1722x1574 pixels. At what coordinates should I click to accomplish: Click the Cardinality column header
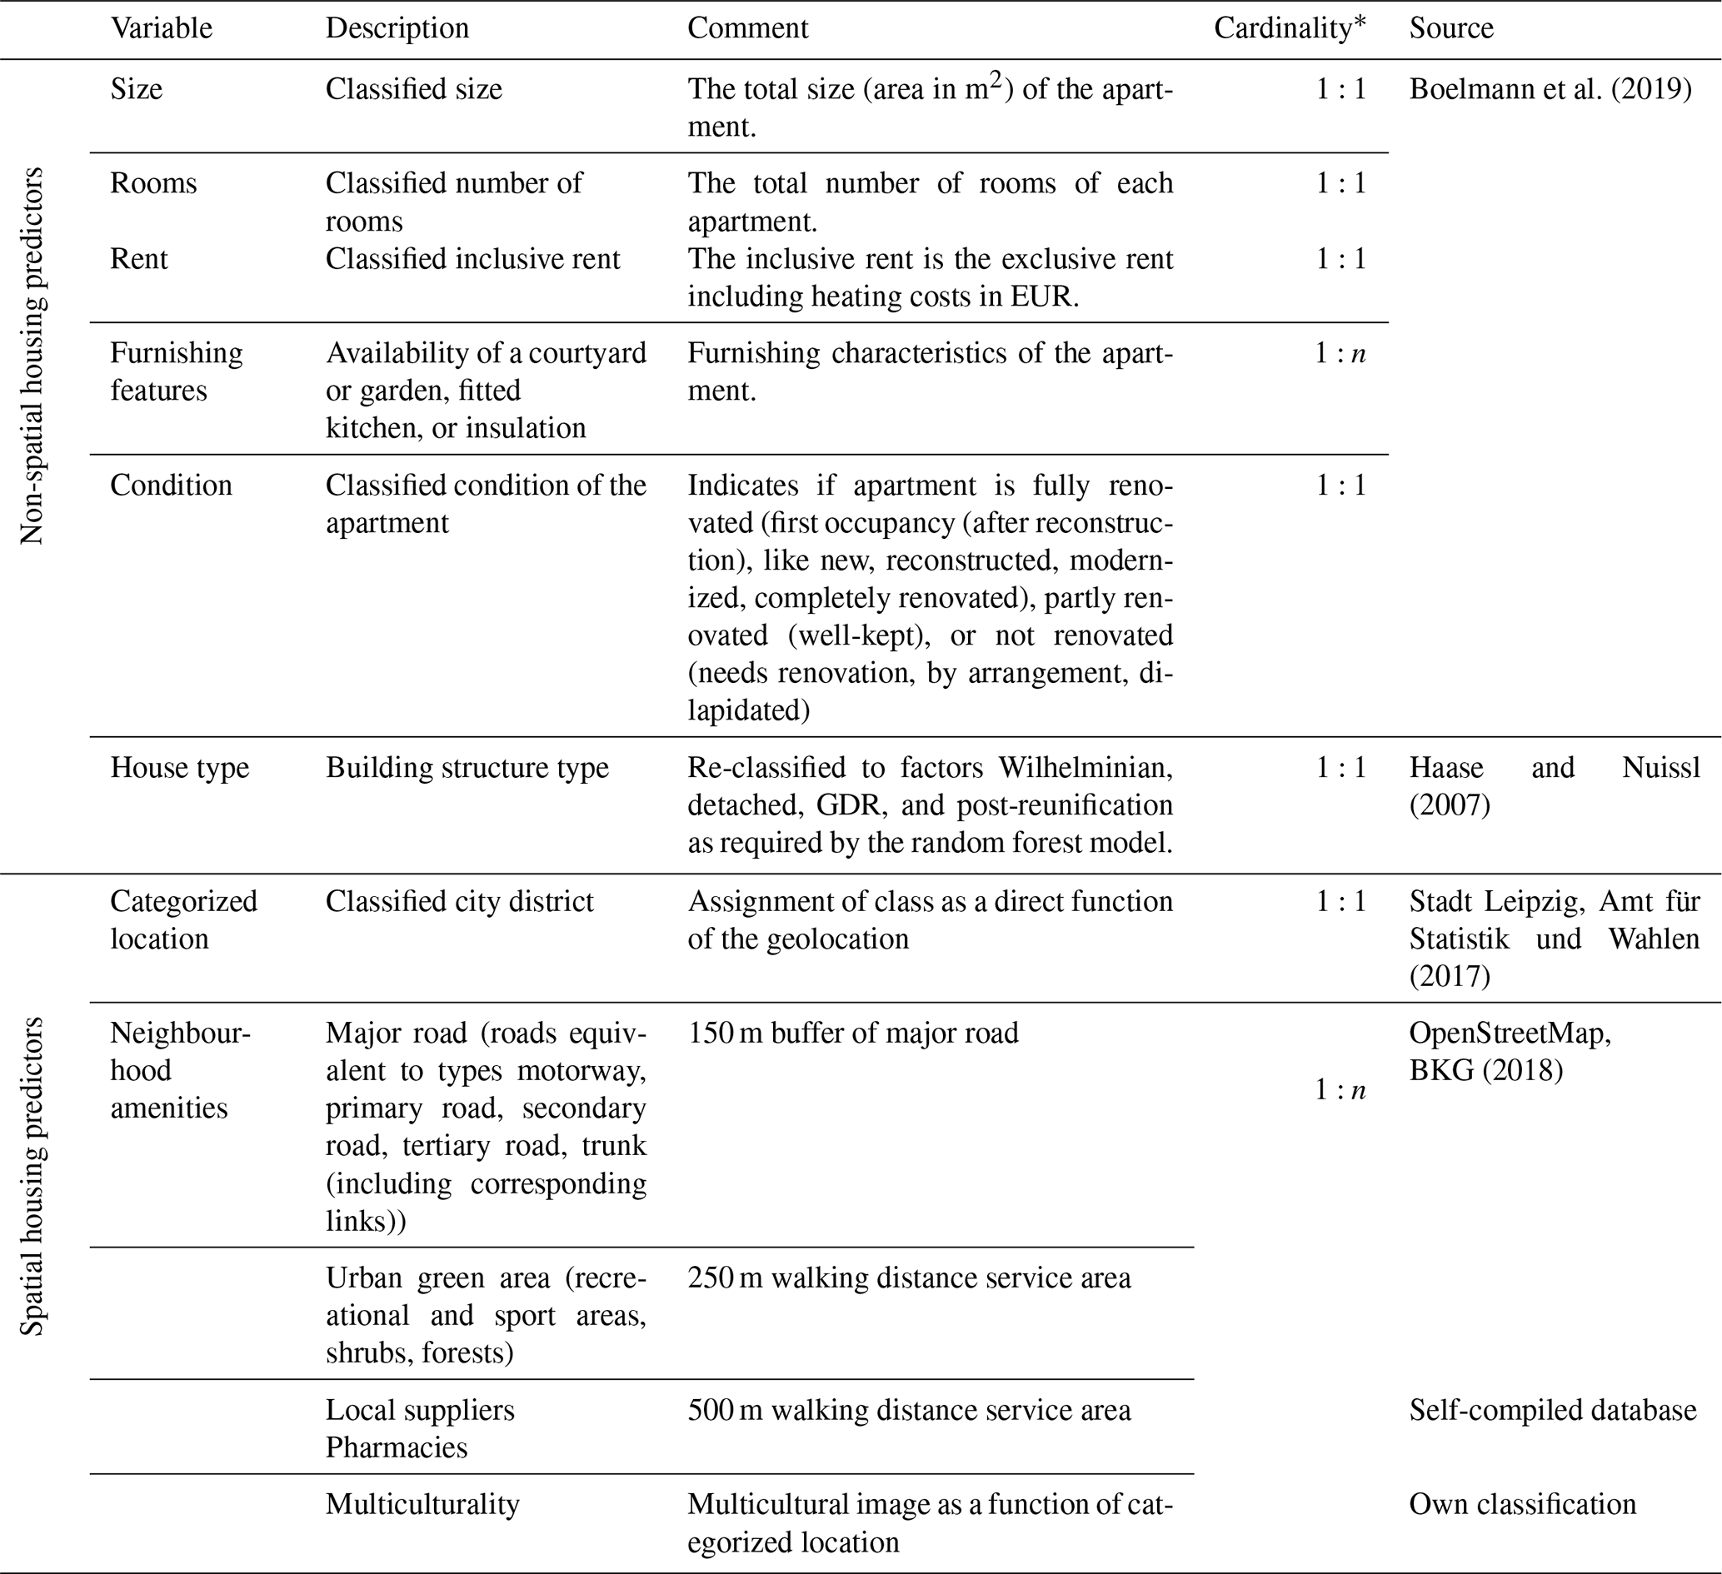tap(1289, 28)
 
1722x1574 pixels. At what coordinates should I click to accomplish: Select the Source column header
tap(1450, 28)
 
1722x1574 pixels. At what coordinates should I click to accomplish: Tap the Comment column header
tap(747, 28)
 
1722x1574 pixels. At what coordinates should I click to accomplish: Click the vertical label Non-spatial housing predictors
tap(32, 356)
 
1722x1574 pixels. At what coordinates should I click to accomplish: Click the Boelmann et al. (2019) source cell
tap(1550, 89)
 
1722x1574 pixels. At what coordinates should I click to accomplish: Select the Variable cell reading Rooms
tap(154, 182)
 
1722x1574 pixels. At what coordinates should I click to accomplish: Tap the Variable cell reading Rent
tap(139, 258)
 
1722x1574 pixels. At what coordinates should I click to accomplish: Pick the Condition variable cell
tap(171, 484)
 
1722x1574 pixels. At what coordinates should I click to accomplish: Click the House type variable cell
tap(179, 767)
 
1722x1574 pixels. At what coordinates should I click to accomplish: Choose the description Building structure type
tap(467, 767)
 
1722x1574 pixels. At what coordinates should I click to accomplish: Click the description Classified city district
tap(459, 901)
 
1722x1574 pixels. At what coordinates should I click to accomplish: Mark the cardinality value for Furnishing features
tap(1340, 353)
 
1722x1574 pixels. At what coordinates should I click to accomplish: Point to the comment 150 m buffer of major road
tap(852, 1033)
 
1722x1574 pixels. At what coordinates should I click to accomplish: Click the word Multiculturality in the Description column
tap(422, 1503)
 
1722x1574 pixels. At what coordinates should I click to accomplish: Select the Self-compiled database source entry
tap(1552, 1409)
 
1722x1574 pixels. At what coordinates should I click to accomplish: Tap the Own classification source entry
tap(1522, 1503)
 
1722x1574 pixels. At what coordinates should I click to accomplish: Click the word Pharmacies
tap(397, 1447)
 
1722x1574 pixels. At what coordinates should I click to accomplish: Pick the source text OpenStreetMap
tap(1510, 1033)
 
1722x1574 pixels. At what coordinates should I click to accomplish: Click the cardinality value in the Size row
tap(1340, 89)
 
